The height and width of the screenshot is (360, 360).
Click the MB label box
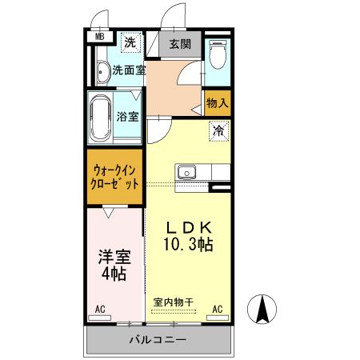point(100,37)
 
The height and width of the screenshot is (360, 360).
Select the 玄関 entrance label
point(180,45)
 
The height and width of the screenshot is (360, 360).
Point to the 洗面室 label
point(128,70)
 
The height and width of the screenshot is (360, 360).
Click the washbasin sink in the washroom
point(102,72)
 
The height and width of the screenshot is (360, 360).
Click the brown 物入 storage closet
point(218,102)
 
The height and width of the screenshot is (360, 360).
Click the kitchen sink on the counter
point(187,171)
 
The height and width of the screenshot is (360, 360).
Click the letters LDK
point(189,226)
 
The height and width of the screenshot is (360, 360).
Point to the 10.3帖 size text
point(189,244)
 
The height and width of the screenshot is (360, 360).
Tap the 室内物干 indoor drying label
point(173,302)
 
